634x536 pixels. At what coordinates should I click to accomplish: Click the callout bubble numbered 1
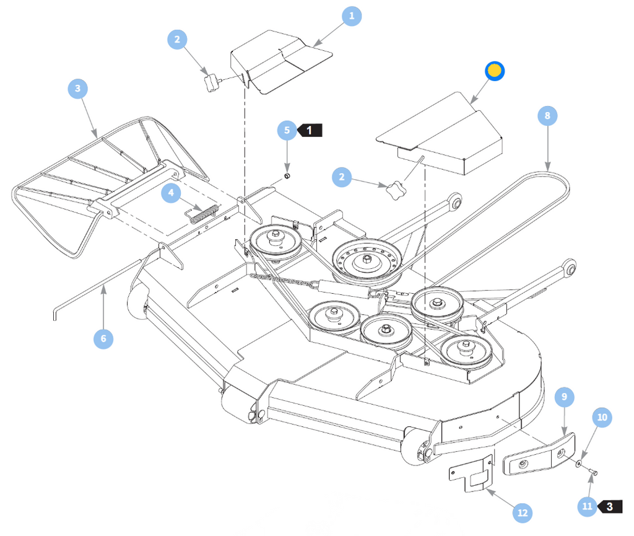pos(352,16)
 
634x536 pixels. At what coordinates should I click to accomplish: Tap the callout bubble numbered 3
pos(77,89)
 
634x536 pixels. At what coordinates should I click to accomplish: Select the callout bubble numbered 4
pos(171,193)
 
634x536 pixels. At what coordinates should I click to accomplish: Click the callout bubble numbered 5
pos(287,130)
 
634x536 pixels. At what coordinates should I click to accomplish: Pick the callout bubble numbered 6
pos(103,338)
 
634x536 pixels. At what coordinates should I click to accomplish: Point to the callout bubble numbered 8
pos(547,116)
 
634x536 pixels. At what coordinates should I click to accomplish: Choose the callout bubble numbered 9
pos(565,397)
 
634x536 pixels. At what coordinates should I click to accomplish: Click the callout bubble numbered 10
pos(602,418)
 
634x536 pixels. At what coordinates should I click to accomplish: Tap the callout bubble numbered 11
pos(587,506)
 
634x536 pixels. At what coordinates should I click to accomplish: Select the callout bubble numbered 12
pos(523,513)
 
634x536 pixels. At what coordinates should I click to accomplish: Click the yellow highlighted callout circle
pos(495,71)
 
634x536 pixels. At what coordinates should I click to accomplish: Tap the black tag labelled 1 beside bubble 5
pos(310,130)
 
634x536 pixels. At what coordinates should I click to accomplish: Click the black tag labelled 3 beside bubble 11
pos(610,506)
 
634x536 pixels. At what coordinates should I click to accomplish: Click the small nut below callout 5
pos(287,176)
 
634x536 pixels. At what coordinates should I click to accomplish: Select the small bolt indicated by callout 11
pos(593,472)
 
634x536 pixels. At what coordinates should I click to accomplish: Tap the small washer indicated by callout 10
pos(579,463)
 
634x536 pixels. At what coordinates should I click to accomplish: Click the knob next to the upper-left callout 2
pos(212,82)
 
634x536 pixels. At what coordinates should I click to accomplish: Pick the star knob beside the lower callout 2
pos(394,190)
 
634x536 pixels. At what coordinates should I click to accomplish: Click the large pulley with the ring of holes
pos(367,261)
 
